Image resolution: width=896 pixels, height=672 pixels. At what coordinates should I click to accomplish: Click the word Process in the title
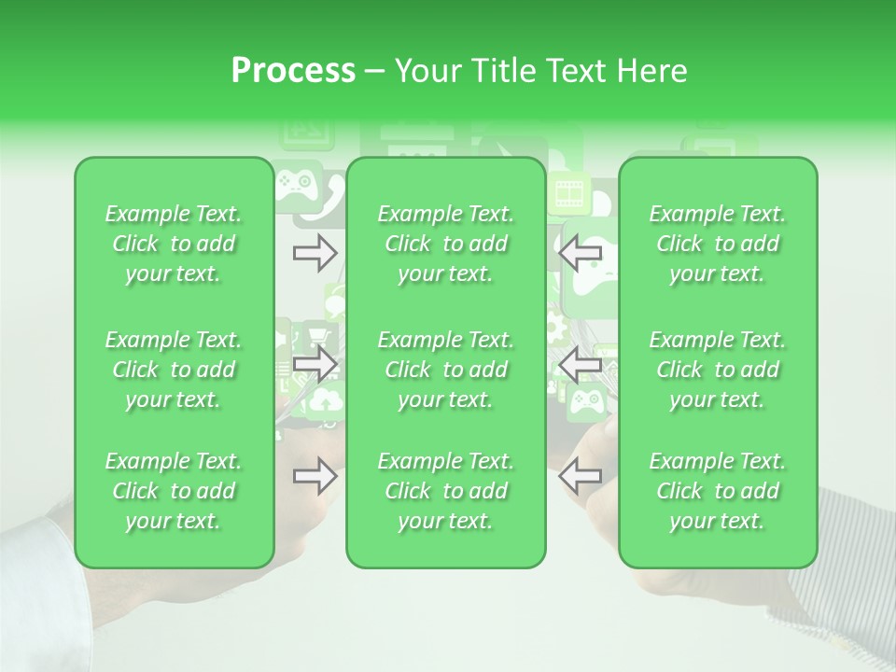(x=293, y=71)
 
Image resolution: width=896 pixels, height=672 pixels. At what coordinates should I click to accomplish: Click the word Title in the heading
(x=501, y=71)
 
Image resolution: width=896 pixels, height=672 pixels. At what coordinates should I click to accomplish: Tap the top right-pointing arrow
(x=315, y=253)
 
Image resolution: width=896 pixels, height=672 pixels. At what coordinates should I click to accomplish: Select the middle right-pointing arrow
(x=315, y=365)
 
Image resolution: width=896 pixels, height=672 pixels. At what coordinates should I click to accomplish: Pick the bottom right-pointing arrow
(x=315, y=477)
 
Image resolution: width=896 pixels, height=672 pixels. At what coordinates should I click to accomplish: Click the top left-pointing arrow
(x=581, y=253)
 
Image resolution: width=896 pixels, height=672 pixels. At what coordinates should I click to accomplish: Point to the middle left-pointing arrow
(x=581, y=365)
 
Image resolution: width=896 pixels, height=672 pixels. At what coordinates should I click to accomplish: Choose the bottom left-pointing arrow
(x=581, y=477)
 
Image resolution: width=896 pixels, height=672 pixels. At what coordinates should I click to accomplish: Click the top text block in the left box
(x=174, y=244)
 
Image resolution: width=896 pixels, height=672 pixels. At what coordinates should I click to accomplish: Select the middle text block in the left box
(x=174, y=370)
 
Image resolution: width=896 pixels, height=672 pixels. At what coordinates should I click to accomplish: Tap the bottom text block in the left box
(x=174, y=491)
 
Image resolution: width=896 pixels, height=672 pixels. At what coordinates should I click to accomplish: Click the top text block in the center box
(x=445, y=244)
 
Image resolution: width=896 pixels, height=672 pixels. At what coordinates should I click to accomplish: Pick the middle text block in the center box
(x=445, y=370)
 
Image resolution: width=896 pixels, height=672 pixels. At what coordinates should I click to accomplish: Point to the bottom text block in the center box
(x=445, y=491)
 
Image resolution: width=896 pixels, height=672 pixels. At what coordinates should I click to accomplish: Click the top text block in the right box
(x=717, y=244)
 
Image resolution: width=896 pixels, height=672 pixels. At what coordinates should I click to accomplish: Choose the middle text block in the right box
(x=717, y=370)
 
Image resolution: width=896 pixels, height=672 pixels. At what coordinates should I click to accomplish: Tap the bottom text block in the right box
(x=717, y=491)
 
